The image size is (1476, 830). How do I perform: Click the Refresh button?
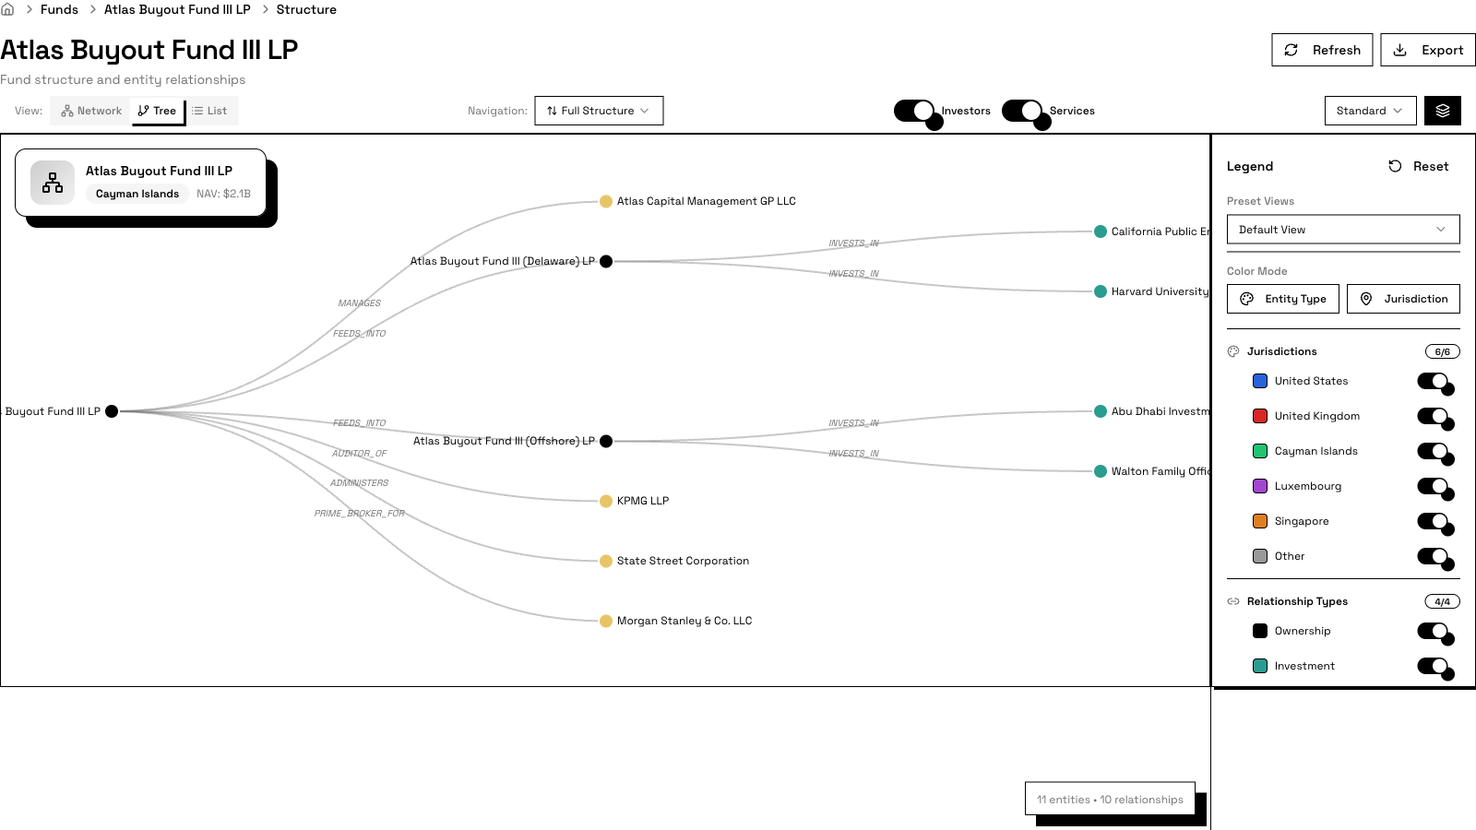[x=1322, y=50]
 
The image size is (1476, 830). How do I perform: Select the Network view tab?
[x=91, y=111]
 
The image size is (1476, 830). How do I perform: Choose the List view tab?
[x=210, y=111]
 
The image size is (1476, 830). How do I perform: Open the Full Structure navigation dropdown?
[x=599, y=111]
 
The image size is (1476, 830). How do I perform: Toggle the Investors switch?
[x=915, y=111]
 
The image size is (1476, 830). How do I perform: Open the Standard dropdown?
[x=1369, y=111]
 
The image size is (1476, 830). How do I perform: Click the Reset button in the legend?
[x=1418, y=166]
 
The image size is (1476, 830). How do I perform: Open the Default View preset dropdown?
[x=1342, y=230]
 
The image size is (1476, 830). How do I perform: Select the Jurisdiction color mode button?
[x=1403, y=299]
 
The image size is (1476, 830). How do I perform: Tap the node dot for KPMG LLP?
[x=606, y=501]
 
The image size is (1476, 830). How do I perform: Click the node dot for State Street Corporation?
[x=606, y=561]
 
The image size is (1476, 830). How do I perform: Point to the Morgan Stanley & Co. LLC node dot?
[x=606, y=621]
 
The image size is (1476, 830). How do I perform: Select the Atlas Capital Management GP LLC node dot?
[x=606, y=201]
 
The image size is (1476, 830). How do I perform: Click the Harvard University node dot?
[x=1101, y=291]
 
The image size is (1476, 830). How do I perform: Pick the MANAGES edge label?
[x=359, y=303]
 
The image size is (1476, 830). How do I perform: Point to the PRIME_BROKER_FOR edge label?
[x=359, y=514]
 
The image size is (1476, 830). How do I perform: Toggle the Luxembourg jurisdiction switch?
[x=1434, y=486]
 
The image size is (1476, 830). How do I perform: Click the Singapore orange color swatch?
[x=1260, y=521]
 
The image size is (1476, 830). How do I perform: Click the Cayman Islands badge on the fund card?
[x=137, y=194]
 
